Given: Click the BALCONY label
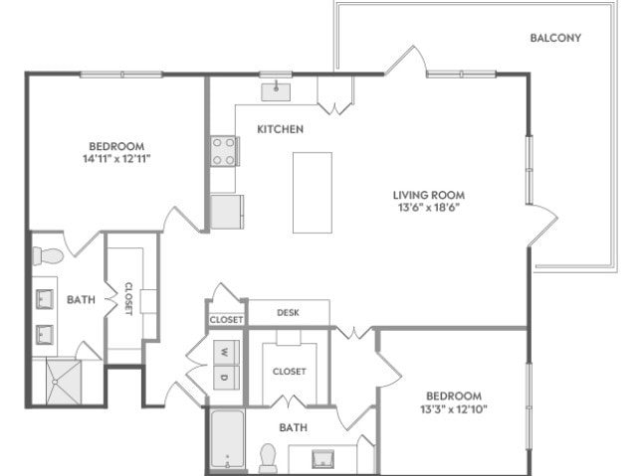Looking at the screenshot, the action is coord(555,38).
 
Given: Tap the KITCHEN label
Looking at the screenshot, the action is coord(281,129).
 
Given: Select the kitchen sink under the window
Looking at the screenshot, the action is coord(276,91).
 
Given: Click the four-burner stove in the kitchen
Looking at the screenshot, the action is coord(224,151).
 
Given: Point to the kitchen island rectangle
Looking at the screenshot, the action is coord(313,193).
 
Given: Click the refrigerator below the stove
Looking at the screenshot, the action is coord(227,212).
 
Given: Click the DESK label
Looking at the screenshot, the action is coord(288,313).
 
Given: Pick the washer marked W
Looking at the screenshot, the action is coord(226,353).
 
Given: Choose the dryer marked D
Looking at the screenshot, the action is coord(226,378).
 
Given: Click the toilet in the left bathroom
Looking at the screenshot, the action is coord(48,255).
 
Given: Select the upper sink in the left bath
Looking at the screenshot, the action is coord(44,299).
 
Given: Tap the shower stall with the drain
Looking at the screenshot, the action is coord(64,382).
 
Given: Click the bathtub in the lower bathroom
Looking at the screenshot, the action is coord(228,439).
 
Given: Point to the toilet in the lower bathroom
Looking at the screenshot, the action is coord(268,458).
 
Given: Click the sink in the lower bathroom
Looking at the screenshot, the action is coord(322,458).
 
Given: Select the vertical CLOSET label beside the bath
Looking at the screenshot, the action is coord(128,299).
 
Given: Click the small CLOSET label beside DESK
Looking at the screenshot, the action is coord(227,320).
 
